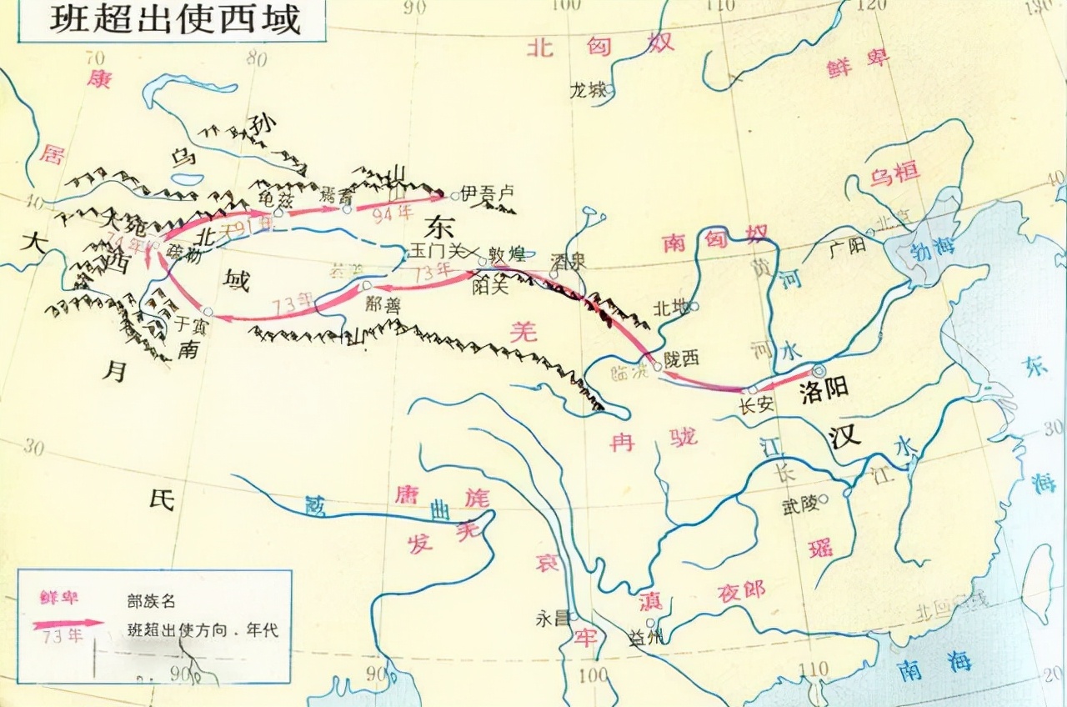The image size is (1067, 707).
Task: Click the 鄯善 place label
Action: point(383,304)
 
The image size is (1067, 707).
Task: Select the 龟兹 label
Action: point(276,197)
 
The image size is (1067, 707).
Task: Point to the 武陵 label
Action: point(799,504)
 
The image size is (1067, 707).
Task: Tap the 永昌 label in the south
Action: point(554,619)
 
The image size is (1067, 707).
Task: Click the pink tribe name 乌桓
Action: point(894,174)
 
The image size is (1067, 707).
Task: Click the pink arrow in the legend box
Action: point(68,621)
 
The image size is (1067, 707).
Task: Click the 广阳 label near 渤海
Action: point(847,245)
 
